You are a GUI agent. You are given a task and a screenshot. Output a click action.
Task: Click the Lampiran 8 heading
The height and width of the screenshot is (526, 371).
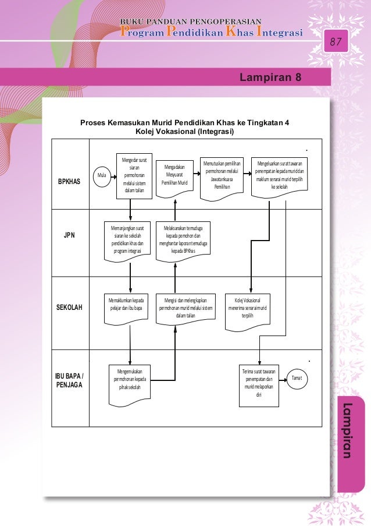(270, 77)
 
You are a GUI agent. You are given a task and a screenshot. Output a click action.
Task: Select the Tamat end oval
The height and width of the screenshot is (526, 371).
(297, 379)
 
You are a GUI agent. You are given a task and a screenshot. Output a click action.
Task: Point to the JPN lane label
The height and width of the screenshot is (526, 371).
(69, 235)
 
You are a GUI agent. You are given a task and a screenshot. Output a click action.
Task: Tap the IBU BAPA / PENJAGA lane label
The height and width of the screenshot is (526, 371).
(69, 379)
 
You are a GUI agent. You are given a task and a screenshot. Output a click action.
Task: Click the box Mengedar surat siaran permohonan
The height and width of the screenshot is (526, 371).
(134, 174)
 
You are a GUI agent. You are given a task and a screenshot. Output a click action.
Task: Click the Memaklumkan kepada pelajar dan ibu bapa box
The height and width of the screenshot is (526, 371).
(126, 306)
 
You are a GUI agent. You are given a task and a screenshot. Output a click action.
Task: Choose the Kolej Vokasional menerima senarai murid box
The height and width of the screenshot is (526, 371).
(248, 309)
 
